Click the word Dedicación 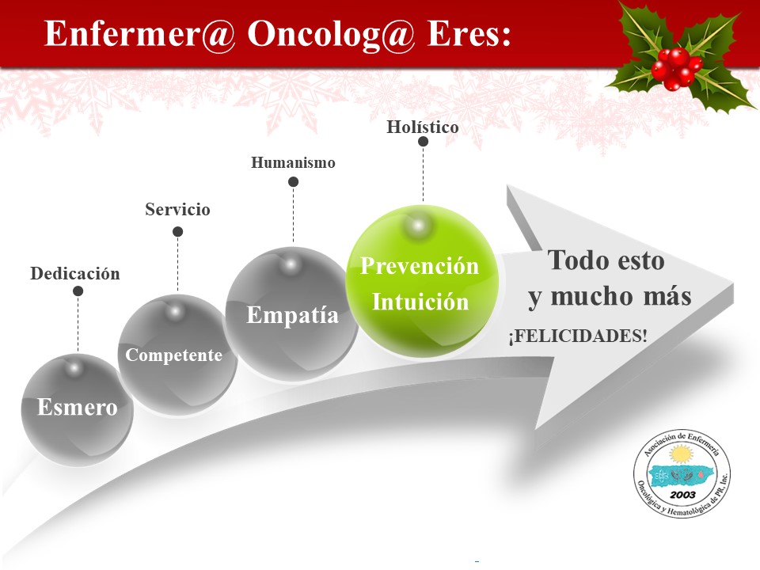(75, 273)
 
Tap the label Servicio (177, 209)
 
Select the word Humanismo (293, 162)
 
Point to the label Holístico (423, 127)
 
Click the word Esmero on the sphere (78, 407)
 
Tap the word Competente (174, 355)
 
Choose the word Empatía (293, 315)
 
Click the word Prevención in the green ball (420, 266)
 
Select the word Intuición (420, 302)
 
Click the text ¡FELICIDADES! (578, 336)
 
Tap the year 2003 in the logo (683, 495)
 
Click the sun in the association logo (682, 455)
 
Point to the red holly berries (677, 69)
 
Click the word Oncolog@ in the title (332, 34)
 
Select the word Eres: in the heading (469, 34)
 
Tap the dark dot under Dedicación (78, 291)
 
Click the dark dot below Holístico (423, 142)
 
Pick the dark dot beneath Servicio (178, 232)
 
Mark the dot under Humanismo (293, 182)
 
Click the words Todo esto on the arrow (606, 260)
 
